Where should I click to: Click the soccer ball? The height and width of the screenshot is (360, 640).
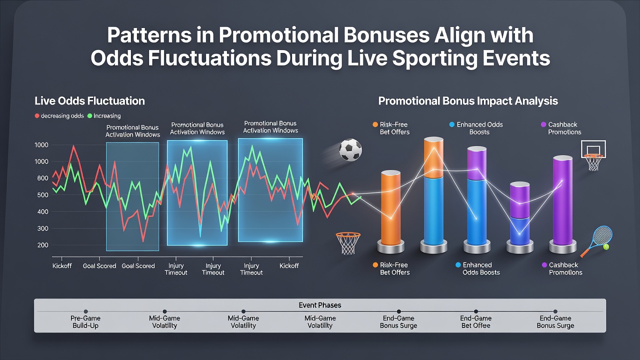coord(350,149)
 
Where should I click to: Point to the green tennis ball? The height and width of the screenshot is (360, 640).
coord(605,247)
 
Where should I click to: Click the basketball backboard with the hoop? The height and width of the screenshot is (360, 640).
coord(593,155)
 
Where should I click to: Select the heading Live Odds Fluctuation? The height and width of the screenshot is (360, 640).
coord(89,101)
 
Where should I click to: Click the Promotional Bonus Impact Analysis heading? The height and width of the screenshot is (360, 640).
coord(468,101)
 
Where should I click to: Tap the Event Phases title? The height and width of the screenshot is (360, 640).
coord(319,305)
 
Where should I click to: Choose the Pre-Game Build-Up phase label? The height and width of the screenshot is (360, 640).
coord(85,321)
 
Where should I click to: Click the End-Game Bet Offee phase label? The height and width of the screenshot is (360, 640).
coord(475,321)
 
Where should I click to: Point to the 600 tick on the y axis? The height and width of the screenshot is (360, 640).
coord(42,178)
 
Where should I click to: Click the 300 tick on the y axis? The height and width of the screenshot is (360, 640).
coord(42,228)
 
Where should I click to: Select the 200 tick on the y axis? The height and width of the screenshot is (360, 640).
coord(42,245)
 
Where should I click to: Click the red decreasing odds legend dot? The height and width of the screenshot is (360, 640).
coord(37,115)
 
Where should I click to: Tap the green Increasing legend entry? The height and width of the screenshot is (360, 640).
coord(104,115)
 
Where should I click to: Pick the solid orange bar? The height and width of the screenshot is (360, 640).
coord(390,208)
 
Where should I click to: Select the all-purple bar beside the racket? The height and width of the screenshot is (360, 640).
coord(562,200)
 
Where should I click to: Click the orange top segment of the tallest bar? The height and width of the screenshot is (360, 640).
coord(433,157)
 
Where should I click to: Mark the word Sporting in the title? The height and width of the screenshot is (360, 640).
coord(429,58)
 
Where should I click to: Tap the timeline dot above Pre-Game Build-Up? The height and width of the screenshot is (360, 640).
coord(85,311)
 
